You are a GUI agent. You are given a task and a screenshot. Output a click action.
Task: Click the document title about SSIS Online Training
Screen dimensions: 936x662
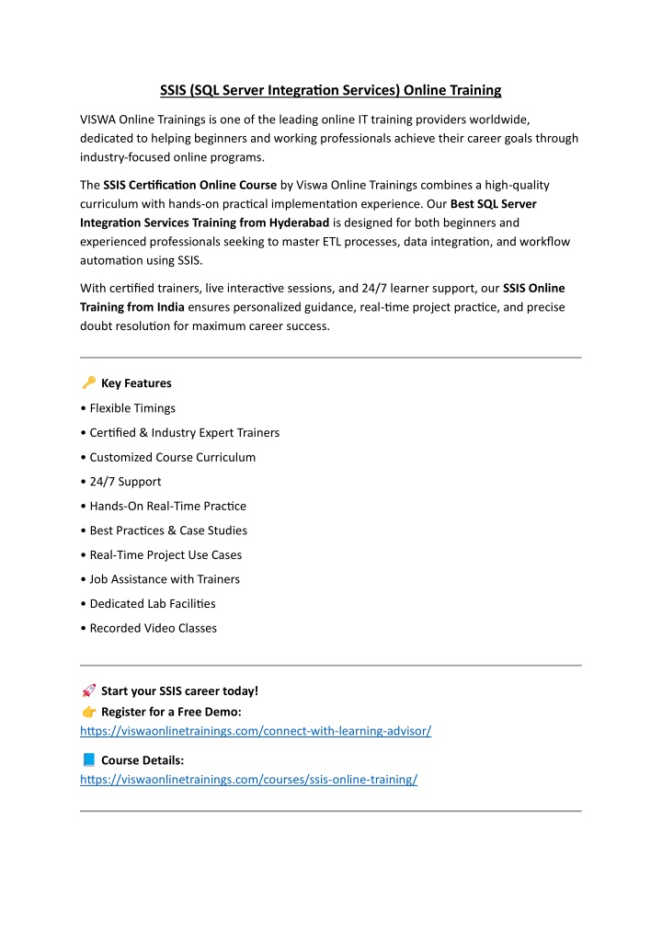331,90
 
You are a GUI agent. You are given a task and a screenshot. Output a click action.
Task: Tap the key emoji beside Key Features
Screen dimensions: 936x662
88,382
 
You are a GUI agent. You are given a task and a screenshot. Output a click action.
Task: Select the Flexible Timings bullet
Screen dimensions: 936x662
132,408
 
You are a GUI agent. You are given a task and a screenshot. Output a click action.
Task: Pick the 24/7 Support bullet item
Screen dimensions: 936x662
125,482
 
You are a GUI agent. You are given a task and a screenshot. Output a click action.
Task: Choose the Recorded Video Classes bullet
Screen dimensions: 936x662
154,628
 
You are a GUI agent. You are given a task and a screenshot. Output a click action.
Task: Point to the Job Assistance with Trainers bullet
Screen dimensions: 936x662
165,579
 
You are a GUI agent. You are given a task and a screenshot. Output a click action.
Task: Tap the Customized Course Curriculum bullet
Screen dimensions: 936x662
173,457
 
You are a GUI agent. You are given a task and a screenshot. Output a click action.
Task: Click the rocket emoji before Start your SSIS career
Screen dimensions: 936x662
88,691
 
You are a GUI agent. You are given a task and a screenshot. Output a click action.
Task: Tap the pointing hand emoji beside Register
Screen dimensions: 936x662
88,712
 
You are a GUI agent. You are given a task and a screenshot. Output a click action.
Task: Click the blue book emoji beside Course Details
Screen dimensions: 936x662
88,760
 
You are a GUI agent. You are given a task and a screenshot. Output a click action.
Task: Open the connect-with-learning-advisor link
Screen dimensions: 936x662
256,731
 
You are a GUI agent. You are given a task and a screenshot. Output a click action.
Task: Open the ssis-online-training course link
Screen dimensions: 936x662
249,780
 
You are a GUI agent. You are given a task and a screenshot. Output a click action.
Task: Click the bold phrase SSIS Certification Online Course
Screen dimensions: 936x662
190,185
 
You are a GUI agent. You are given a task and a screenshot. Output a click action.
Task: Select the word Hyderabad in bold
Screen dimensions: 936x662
299,223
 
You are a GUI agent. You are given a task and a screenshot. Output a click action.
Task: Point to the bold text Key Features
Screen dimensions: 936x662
136,383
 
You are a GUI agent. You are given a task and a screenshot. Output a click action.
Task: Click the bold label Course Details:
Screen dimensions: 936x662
143,760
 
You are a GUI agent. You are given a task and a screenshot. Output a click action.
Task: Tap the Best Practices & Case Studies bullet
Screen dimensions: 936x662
168,531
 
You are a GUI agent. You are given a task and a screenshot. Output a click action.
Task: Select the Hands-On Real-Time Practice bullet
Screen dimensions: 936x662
168,506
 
